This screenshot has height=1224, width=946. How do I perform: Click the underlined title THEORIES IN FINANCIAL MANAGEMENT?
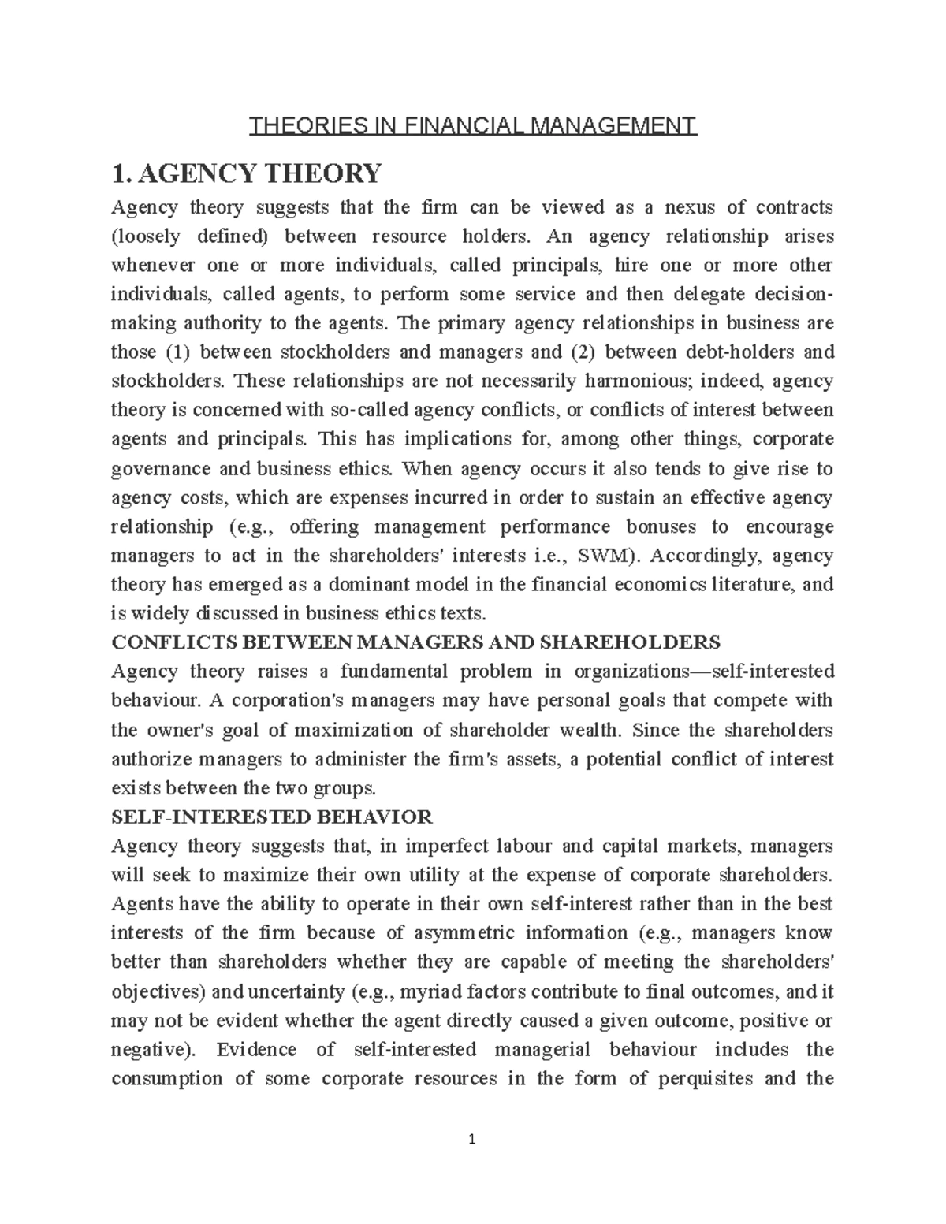tap(473, 125)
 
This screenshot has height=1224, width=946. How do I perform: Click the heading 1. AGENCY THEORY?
tap(247, 172)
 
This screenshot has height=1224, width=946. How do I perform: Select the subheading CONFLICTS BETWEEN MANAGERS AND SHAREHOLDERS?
tap(415, 642)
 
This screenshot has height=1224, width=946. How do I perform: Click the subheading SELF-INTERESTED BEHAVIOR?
tap(272, 817)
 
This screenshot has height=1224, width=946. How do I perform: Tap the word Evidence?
tap(256, 1049)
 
